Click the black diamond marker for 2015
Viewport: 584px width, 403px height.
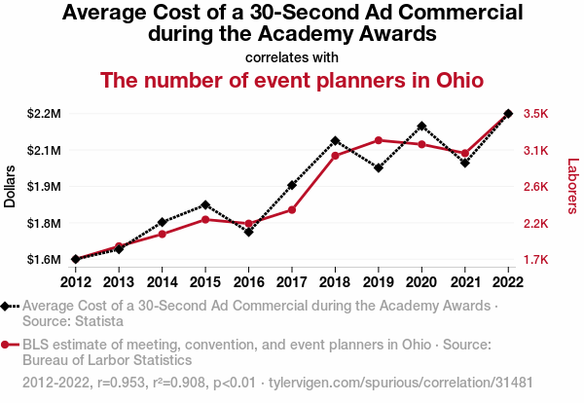click(x=205, y=204)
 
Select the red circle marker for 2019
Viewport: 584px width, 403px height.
click(x=378, y=140)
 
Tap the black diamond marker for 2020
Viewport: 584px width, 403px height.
click(x=421, y=126)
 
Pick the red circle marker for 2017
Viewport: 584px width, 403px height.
click(x=292, y=210)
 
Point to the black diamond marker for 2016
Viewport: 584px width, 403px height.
click(x=249, y=232)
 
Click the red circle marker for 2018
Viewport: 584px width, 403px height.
click(x=335, y=156)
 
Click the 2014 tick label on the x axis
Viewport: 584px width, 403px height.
click(x=163, y=282)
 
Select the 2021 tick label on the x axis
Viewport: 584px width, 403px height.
click(x=464, y=282)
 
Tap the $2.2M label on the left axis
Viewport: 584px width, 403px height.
click(x=44, y=114)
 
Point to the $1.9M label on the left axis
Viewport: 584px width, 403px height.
click(x=44, y=187)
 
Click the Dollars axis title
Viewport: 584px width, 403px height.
click(x=11, y=186)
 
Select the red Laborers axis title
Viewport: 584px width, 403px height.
click(x=572, y=186)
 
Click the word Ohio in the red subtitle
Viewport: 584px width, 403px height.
click(x=456, y=80)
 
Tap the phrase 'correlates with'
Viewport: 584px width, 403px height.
click(x=292, y=56)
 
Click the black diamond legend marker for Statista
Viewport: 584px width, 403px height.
click(x=8, y=306)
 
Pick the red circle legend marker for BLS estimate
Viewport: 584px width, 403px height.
click(x=8, y=344)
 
